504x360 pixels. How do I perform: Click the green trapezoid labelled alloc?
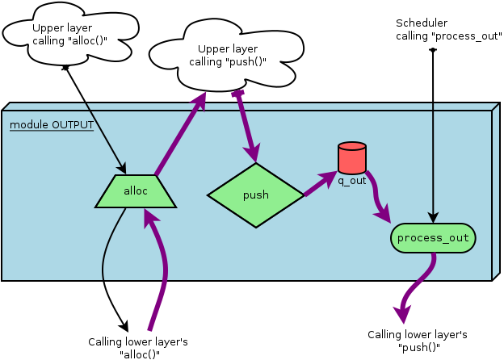(x=135, y=191)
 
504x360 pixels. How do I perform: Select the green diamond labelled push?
(x=255, y=195)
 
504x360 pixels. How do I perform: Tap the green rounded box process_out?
(x=433, y=238)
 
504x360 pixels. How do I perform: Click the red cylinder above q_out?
(x=351, y=158)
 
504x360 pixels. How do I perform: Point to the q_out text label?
(x=352, y=181)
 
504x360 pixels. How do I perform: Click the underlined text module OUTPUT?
(x=52, y=125)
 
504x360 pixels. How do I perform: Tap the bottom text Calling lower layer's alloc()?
(x=138, y=348)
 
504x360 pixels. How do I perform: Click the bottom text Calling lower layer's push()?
(x=417, y=341)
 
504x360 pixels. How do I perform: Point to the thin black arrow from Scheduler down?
(x=433, y=137)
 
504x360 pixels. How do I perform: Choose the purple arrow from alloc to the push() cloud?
(x=180, y=133)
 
